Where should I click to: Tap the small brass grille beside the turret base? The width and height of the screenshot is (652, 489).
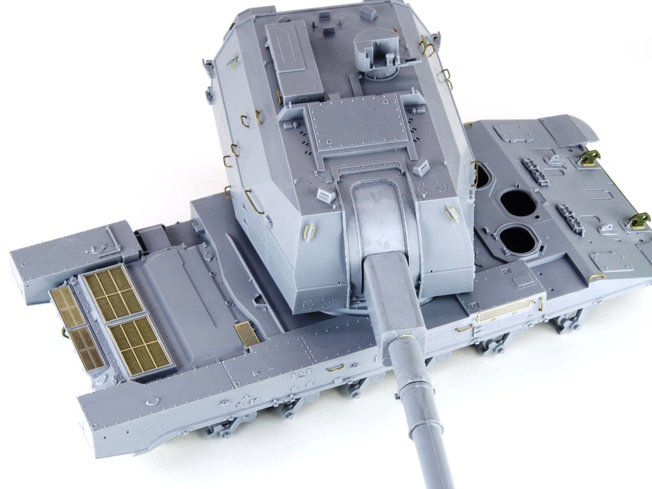coord(248,334)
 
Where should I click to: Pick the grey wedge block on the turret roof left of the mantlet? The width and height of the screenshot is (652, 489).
coord(324,194)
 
